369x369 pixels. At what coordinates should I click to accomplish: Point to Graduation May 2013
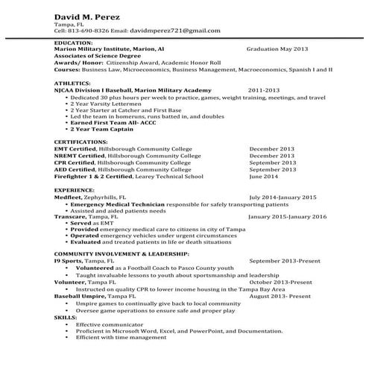tap(277, 48)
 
